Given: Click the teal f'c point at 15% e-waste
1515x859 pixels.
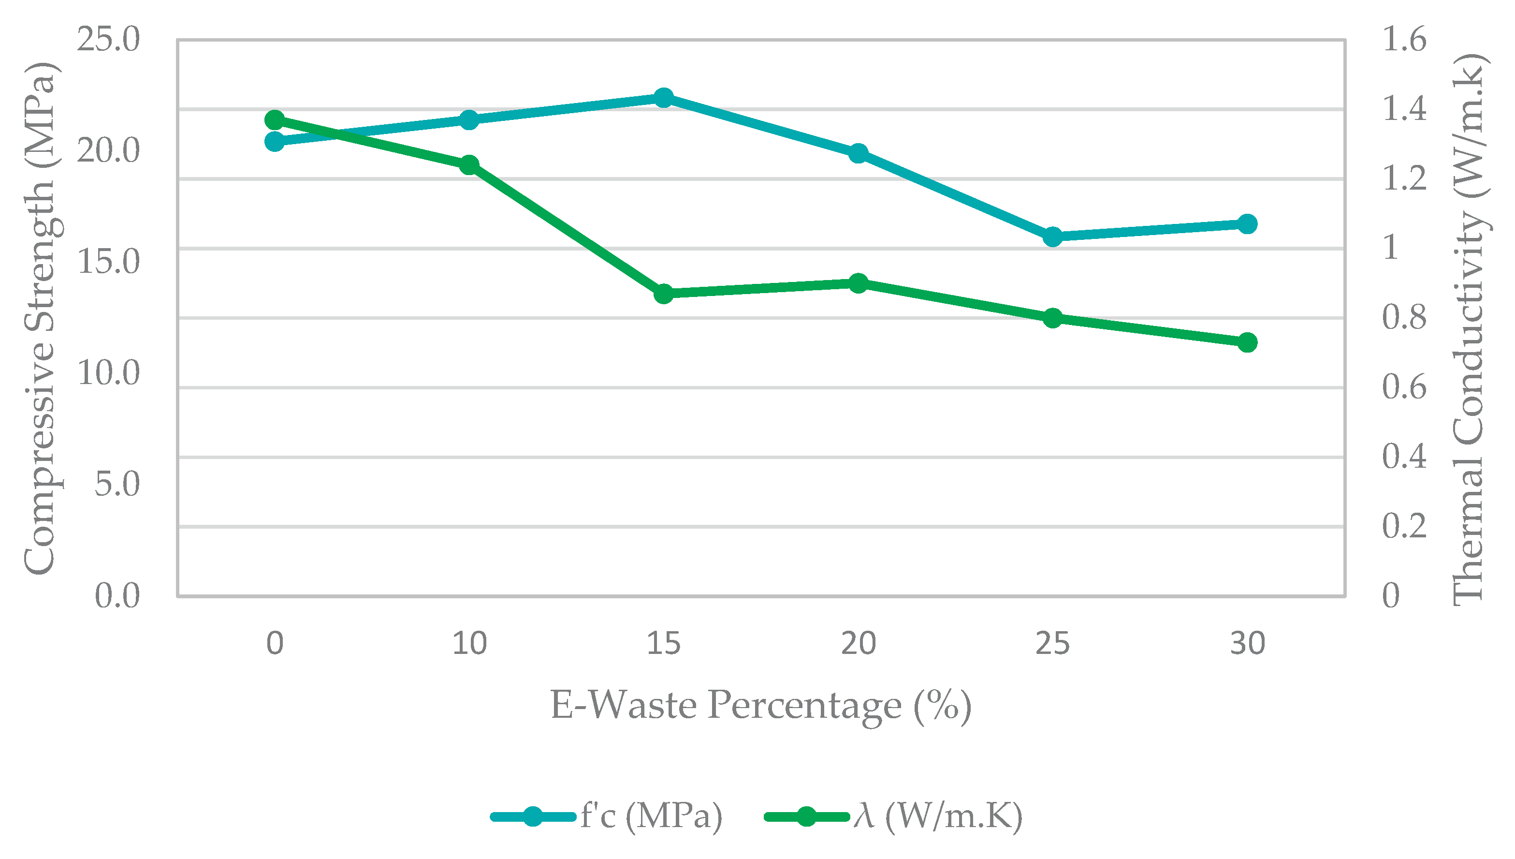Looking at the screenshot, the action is tap(664, 98).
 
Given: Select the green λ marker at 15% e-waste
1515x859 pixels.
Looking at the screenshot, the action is tap(664, 293).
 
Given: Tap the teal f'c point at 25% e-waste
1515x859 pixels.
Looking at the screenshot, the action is tap(1053, 237).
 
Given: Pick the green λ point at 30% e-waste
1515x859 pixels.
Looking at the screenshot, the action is tap(1247, 342).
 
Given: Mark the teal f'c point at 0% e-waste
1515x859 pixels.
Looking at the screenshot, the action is tap(275, 142).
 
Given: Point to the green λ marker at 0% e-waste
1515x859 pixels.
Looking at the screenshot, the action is tap(275, 120).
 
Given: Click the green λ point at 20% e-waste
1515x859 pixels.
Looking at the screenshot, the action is tap(859, 283).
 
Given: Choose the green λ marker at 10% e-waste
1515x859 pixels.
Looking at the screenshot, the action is tap(469, 164).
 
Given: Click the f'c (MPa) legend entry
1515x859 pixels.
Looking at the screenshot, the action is tap(607, 816).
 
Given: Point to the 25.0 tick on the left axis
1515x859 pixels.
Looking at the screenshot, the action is tap(108, 40).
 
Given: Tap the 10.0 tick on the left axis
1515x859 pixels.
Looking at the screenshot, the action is tap(108, 373).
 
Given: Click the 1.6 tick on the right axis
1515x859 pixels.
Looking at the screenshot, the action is tap(1405, 40).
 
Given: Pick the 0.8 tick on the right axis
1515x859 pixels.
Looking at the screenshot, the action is tap(1405, 317).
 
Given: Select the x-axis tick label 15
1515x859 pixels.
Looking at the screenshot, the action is tap(664, 643).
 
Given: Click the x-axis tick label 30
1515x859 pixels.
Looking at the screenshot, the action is tap(1247, 643).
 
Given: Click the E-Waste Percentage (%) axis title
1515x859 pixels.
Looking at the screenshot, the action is tap(761, 706).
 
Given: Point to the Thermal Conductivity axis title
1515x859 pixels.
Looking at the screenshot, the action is tap(1469, 329).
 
